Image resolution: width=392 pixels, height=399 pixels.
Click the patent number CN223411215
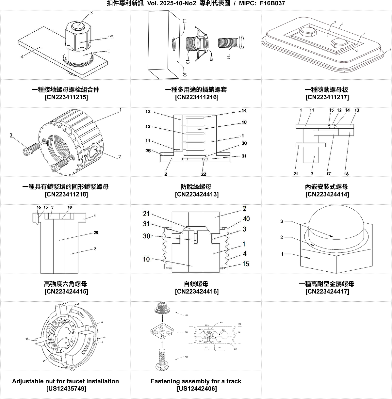coord(66,97)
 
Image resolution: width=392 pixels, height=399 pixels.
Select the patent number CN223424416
coord(197,292)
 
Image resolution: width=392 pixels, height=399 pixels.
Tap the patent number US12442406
coord(197,389)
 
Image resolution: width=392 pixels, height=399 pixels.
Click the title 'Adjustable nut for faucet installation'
coord(65,381)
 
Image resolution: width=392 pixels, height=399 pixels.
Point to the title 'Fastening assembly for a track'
coord(196,381)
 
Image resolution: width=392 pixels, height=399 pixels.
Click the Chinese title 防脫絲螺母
coord(196,186)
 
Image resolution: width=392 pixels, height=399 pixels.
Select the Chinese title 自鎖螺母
coord(196,284)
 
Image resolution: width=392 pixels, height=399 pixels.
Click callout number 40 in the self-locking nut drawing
coord(246,219)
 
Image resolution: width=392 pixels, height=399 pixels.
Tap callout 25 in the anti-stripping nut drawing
coord(148,151)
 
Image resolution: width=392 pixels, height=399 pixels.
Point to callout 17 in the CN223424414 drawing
coord(328,174)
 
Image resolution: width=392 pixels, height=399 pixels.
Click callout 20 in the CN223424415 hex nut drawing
coord(96,232)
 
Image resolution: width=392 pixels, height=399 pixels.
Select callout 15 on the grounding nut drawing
coord(110,38)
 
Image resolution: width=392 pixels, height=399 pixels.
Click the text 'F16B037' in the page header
coord(272,4)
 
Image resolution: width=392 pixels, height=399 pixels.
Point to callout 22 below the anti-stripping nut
coord(204,174)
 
